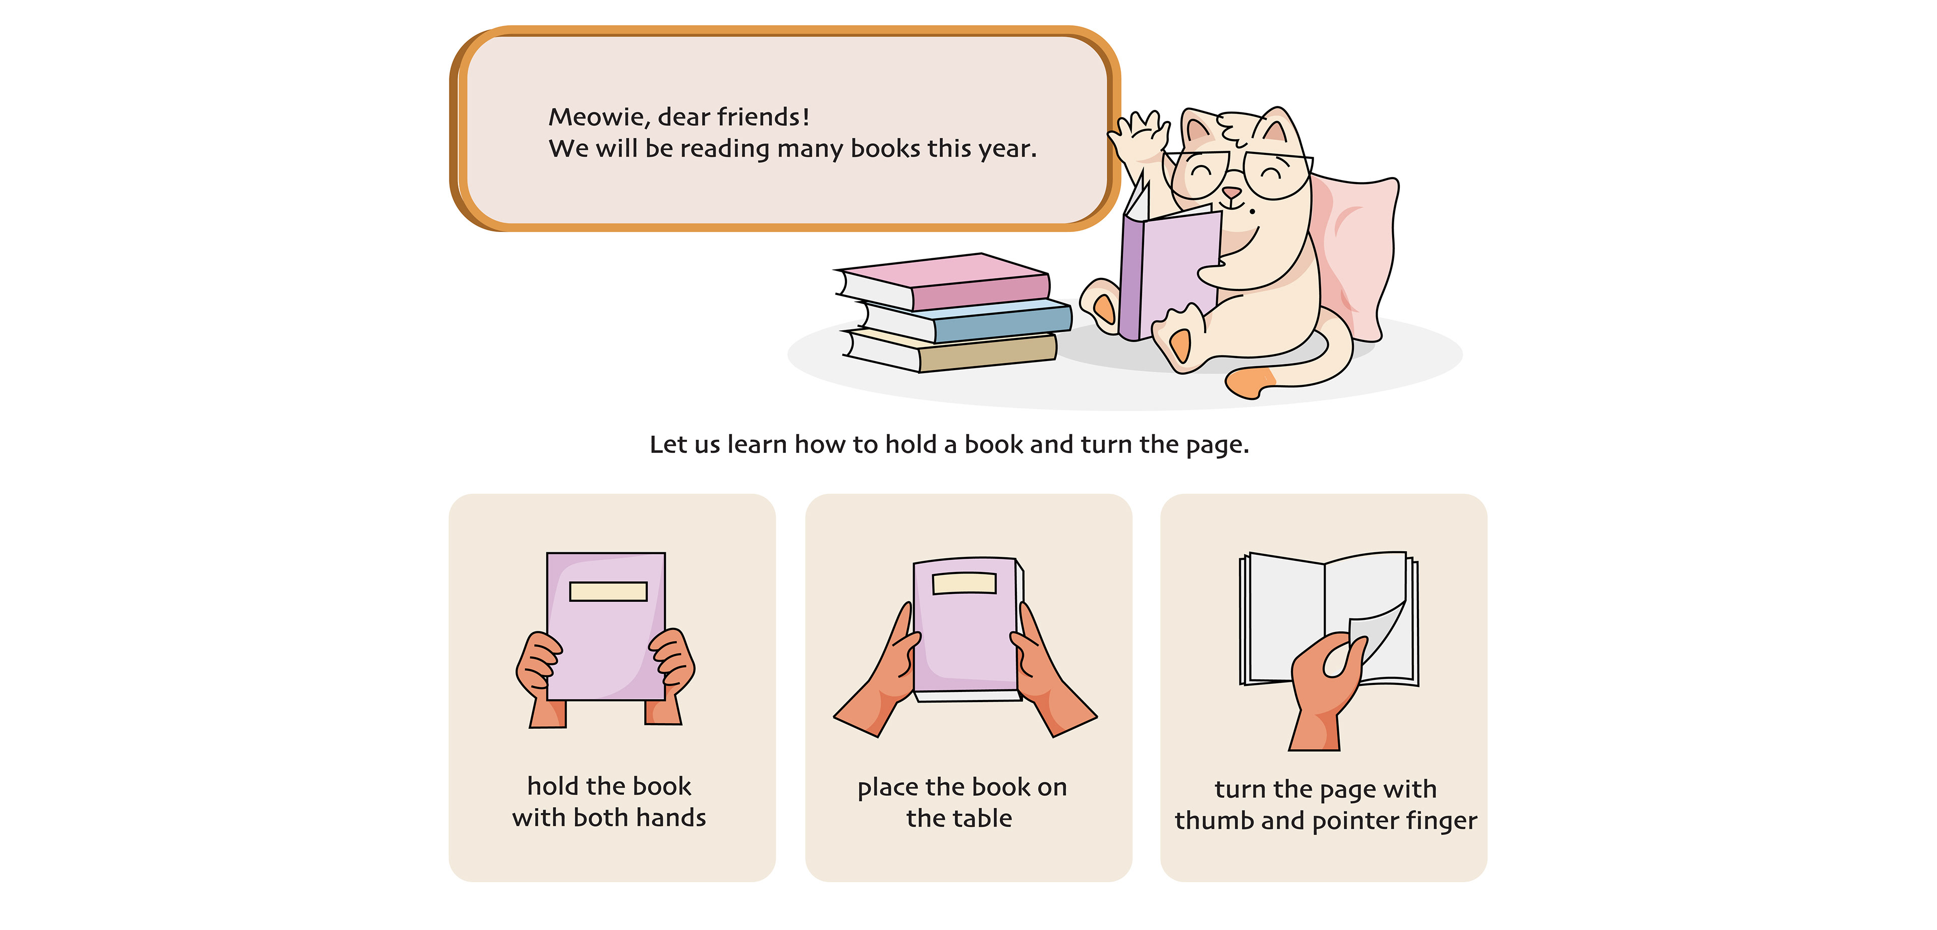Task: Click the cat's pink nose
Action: pyautogui.click(x=1231, y=194)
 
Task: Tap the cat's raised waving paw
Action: pyautogui.click(x=1138, y=139)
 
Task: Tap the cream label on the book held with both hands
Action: pyautogui.click(x=608, y=592)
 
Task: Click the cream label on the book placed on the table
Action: pyautogui.click(x=964, y=584)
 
